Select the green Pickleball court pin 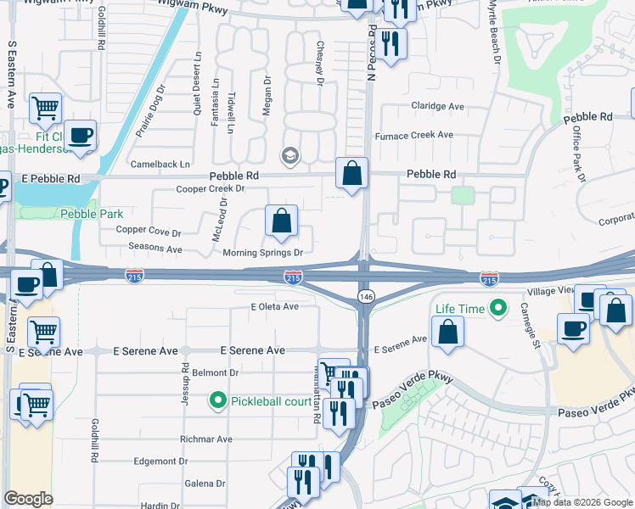pyautogui.click(x=217, y=400)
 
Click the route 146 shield pyautogui.click(x=365, y=296)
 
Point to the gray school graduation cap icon pyautogui.click(x=289, y=155)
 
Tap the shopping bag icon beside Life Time pyautogui.click(x=447, y=332)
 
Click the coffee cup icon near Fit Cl pyautogui.click(x=81, y=136)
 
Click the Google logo pyautogui.click(x=29, y=499)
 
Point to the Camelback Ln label pyautogui.click(x=160, y=164)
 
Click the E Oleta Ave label pyautogui.click(x=275, y=306)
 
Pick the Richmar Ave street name pyautogui.click(x=205, y=439)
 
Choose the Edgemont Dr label pyautogui.click(x=160, y=461)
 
